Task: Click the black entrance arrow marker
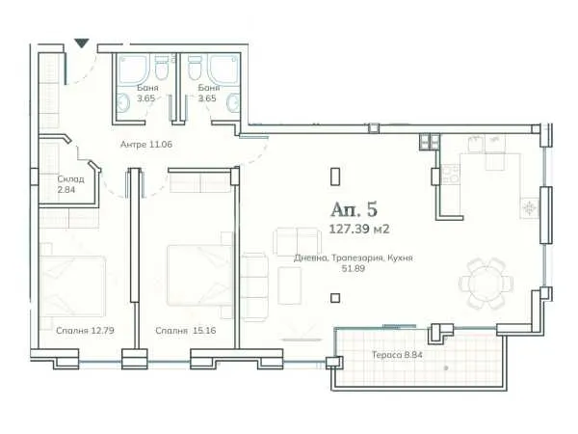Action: pyautogui.click(x=82, y=43)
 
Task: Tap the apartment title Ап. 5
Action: pyautogui.click(x=354, y=209)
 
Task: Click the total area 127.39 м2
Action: pyautogui.click(x=359, y=230)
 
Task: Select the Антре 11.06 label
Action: pyautogui.click(x=146, y=144)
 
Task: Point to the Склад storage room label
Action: pyautogui.click(x=70, y=179)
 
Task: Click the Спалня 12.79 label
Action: pyautogui.click(x=85, y=330)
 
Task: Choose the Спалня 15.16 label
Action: pyautogui.click(x=185, y=330)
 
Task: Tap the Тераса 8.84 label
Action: pyautogui.click(x=397, y=355)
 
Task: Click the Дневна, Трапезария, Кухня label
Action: pyautogui.click(x=354, y=258)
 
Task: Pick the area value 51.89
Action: pyautogui.click(x=354, y=268)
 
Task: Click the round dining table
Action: pyautogui.click(x=486, y=284)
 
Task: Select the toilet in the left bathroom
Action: pyautogui.click(x=162, y=68)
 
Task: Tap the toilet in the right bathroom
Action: pyautogui.click(x=195, y=68)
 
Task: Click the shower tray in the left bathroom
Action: pyautogui.click(x=134, y=69)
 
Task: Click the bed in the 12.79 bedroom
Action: pyautogui.click(x=72, y=286)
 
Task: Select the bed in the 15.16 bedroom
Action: pyautogui.click(x=199, y=275)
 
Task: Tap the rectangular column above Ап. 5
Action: pyautogui.click(x=334, y=176)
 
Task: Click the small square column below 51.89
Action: pyautogui.click(x=334, y=298)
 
